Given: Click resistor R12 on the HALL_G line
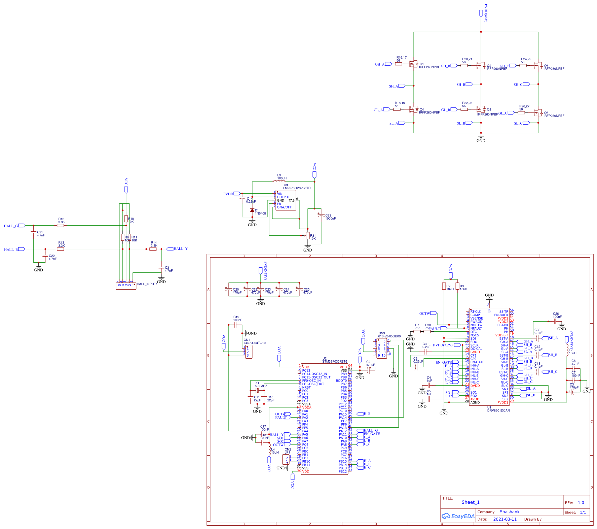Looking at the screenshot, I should coord(61,226).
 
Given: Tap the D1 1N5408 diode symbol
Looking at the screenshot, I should coord(252,210).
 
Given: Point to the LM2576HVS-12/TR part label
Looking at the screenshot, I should coord(297,188).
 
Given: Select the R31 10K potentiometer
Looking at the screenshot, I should coord(308,235).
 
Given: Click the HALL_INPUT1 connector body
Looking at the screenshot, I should coord(126,286).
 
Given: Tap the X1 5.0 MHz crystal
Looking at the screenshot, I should coord(257,390).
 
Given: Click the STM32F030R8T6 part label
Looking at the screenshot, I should coord(335,362).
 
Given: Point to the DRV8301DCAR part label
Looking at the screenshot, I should coord(498,410).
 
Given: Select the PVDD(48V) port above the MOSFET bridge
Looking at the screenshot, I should coord(481,13).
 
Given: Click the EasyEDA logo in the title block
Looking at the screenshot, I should coord(458,516).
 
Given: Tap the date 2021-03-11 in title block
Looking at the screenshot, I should coord(505,519).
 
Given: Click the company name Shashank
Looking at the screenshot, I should coord(510,512).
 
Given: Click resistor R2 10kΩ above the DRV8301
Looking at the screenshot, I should coord(444,286).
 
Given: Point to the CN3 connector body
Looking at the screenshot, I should coord(381,349).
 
